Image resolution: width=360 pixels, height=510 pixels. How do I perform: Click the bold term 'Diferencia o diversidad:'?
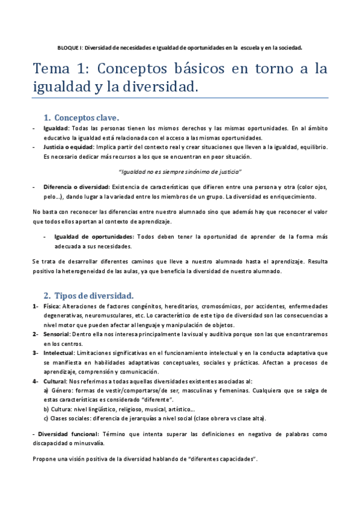76,186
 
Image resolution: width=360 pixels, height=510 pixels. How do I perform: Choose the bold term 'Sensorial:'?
57,334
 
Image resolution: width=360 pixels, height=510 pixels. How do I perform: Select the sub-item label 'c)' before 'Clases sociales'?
46,419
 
